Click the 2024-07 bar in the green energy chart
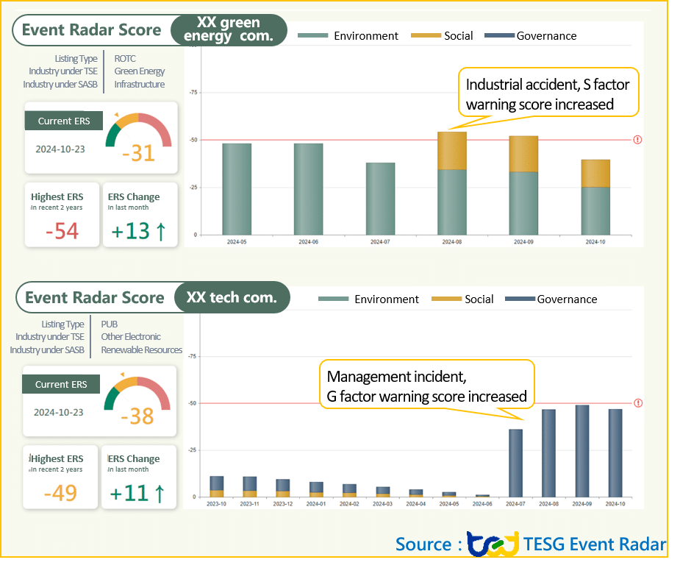click(x=381, y=199)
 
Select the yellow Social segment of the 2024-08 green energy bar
click(x=451, y=151)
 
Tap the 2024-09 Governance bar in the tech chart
click(x=582, y=450)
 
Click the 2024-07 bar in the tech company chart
click(x=516, y=463)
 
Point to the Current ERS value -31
click(x=138, y=152)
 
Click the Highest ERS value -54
click(x=62, y=230)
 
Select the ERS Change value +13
click(x=138, y=230)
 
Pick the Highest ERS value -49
click(x=60, y=492)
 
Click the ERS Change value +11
click(x=138, y=492)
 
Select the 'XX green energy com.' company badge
click(x=229, y=30)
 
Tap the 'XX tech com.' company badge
click(x=232, y=298)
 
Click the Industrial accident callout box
click(x=548, y=93)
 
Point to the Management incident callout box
click(x=426, y=387)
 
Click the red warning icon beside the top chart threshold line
click(x=637, y=140)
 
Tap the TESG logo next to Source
click(x=493, y=544)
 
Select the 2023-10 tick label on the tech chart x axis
click(x=217, y=503)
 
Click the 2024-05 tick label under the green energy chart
click(x=237, y=241)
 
